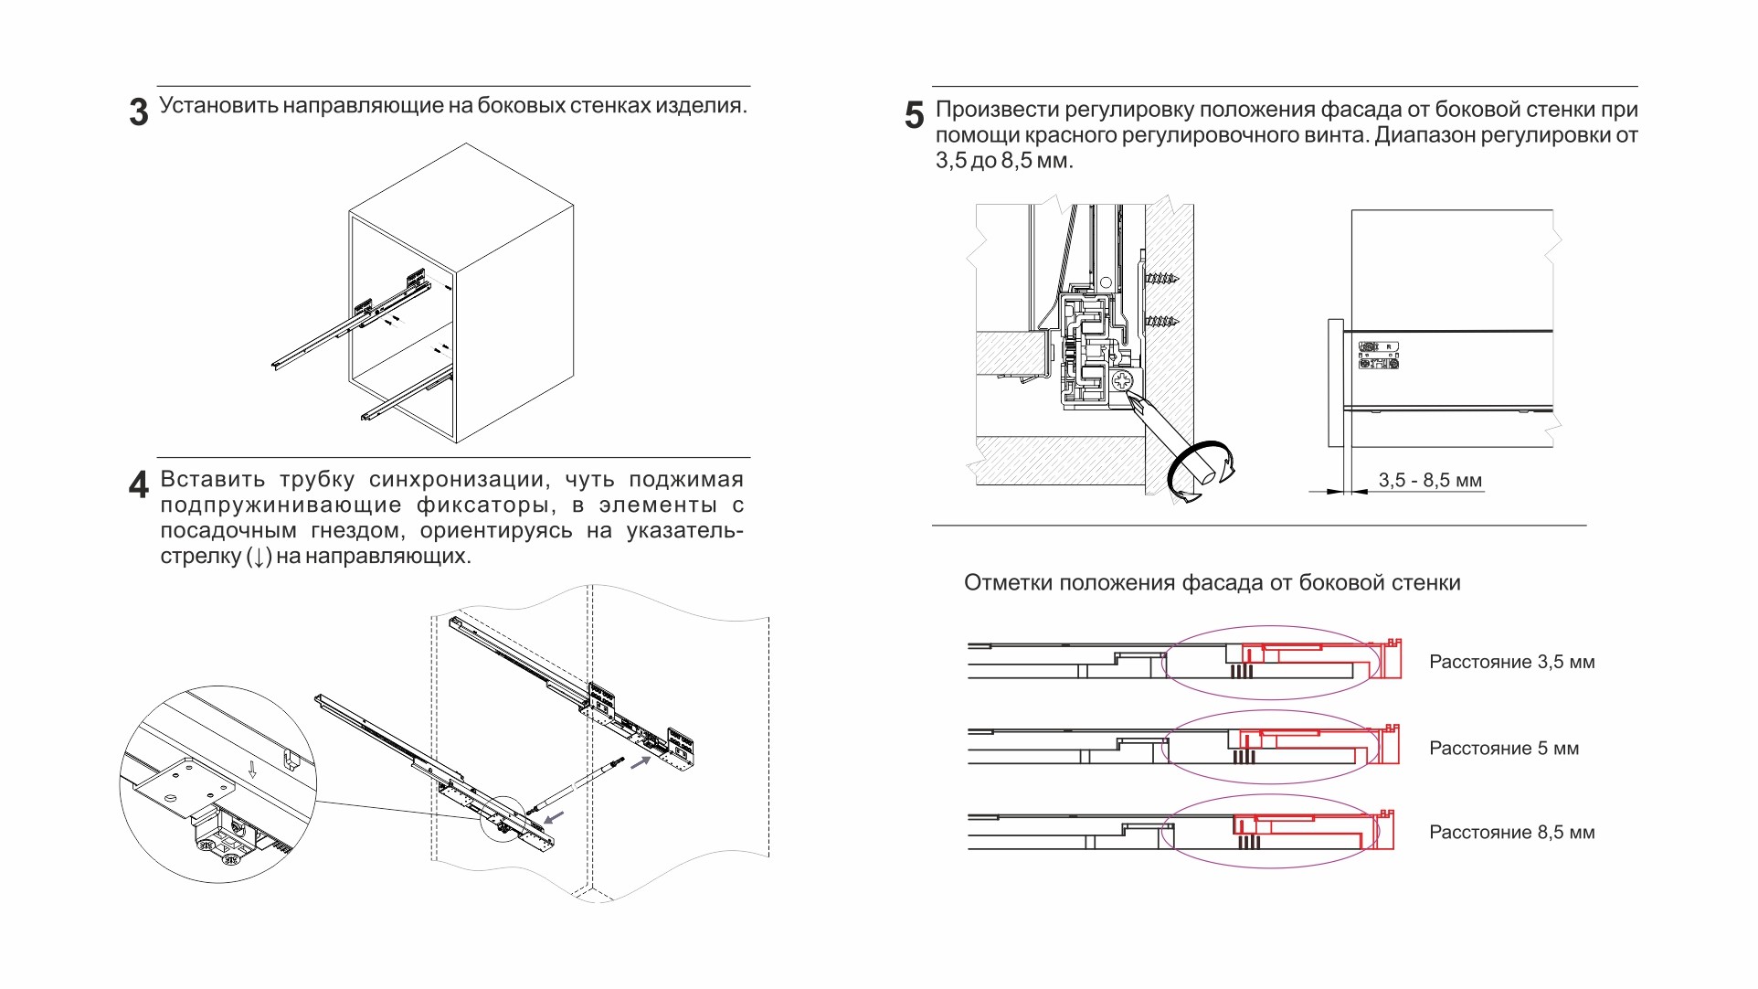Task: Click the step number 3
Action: point(139,112)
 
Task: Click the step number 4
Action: point(138,484)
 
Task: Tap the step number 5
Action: point(914,115)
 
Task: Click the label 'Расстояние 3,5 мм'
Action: point(1511,662)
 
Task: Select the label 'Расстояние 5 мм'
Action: point(1503,748)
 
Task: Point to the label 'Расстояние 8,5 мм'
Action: point(1511,832)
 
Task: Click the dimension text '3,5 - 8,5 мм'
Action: point(1429,480)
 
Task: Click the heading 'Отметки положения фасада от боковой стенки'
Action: point(1212,582)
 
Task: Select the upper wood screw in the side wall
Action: point(1161,278)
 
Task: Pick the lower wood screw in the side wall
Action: point(1161,321)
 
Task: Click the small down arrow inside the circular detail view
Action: point(253,771)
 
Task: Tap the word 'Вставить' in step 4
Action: point(212,479)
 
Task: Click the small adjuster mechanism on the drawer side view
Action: point(1378,356)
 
